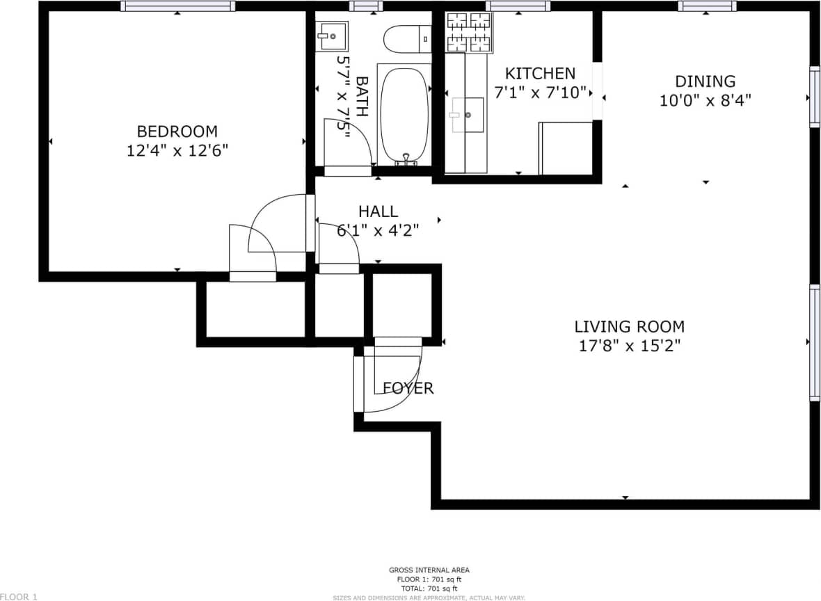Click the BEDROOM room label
coord(177,131)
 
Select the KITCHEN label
coord(540,73)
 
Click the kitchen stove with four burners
coord(469,32)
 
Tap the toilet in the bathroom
coord(407,39)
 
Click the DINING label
coord(705,81)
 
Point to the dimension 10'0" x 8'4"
coord(705,101)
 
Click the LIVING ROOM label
coord(629,326)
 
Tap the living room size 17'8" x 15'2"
coord(629,346)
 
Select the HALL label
coord(378,211)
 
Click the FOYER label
coord(408,388)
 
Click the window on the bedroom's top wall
coord(177,6)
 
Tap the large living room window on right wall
coord(814,342)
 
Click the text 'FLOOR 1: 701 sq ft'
coord(429,579)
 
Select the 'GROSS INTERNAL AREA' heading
coord(429,570)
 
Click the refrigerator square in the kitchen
coord(566,148)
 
